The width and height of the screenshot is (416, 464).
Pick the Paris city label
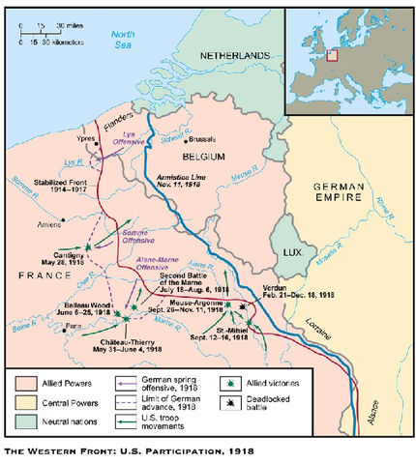[x=72, y=326]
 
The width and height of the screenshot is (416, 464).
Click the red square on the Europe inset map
[x=332, y=55]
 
